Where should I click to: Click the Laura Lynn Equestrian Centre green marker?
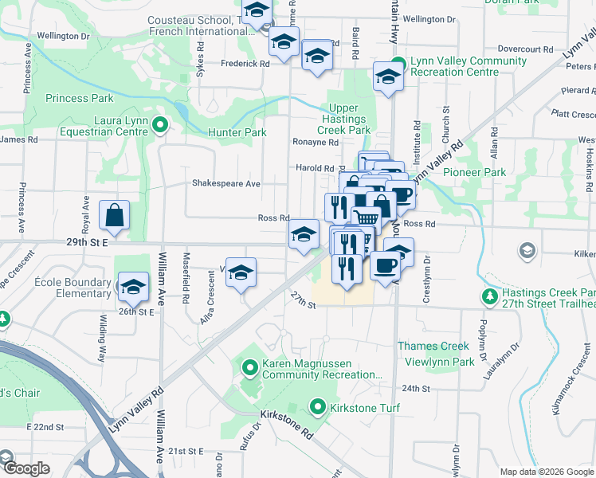(x=159, y=124)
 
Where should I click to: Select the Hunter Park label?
(x=237, y=132)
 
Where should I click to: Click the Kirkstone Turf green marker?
(x=318, y=408)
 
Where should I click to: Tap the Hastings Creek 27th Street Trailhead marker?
(x=490, y=297)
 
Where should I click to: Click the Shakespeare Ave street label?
(x=225, y=183)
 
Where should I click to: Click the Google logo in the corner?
(x=25, y=468)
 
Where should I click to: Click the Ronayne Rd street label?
(x=315, y=142)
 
